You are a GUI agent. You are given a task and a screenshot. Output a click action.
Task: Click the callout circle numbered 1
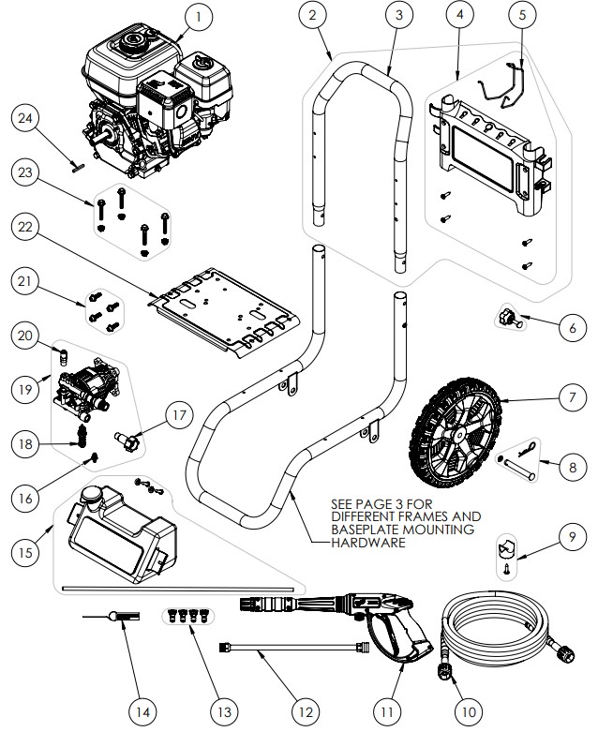[198, 16]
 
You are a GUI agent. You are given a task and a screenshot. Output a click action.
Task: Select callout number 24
[28, 119]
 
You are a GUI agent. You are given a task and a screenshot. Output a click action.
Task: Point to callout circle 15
[28, 555]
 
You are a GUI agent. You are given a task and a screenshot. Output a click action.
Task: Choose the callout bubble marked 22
[28, 228]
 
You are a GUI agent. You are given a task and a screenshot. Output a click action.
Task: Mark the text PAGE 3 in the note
[379, 503]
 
